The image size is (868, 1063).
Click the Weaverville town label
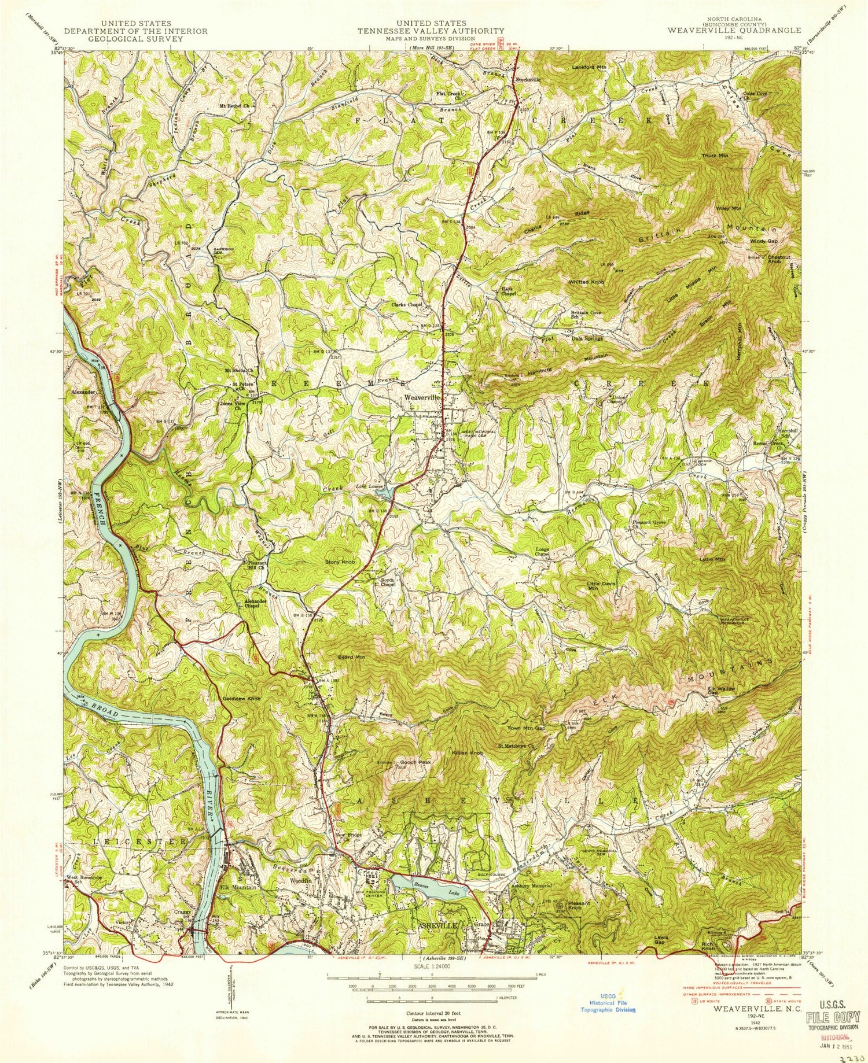pyautogui.click(x=422, y=398)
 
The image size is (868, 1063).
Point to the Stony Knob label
pyautogui.click(x=339, y=562)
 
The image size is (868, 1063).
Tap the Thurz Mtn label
pyautogui.click(x=715, y=156)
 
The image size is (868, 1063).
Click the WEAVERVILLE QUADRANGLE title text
pyautogui.click(x=734, y=30)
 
